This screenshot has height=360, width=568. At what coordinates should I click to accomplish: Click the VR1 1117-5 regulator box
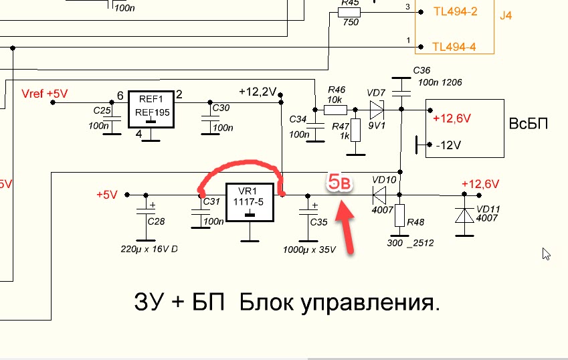click(250, 202)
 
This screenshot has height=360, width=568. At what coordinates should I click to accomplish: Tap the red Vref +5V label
click(45, 94)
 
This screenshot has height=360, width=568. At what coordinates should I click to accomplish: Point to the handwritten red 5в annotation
click(339, 182)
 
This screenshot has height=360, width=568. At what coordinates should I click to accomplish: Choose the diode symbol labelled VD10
click(380, 195)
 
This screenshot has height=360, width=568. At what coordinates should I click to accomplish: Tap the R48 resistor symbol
click(399, 216)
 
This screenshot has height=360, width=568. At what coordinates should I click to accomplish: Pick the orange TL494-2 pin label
click(454, 12)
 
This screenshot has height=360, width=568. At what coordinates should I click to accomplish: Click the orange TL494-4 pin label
click(454, 47)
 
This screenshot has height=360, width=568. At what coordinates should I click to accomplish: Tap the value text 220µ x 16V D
click(148, 249)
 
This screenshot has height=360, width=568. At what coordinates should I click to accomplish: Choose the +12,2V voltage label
click(258, 92)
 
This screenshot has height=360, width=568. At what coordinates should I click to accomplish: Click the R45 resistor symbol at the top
click(350, 12)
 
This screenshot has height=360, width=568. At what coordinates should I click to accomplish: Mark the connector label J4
click(506, 15)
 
